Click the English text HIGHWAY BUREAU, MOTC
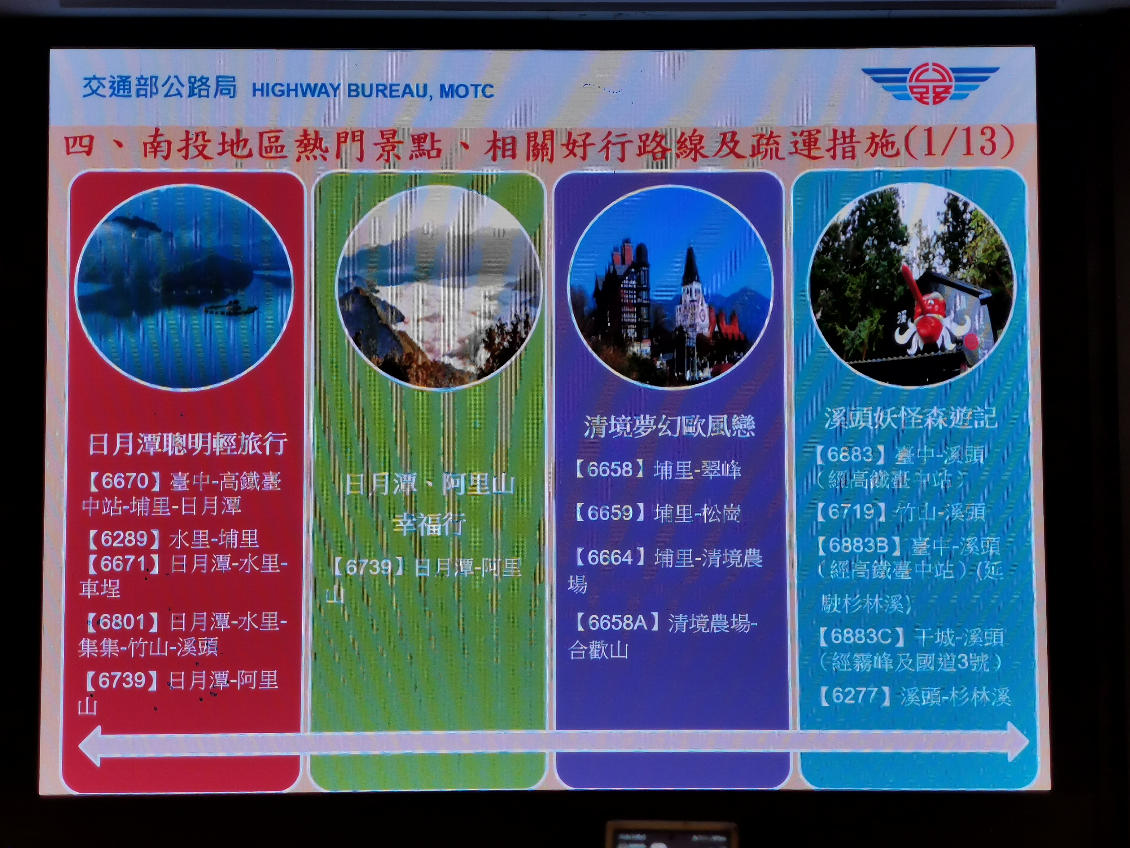[x=372, y=91]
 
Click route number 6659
[x=611, y=513]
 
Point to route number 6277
[x=855, y=696]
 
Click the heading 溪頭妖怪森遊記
[x=911, y=418]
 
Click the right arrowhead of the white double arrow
[x=1018, y=741]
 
